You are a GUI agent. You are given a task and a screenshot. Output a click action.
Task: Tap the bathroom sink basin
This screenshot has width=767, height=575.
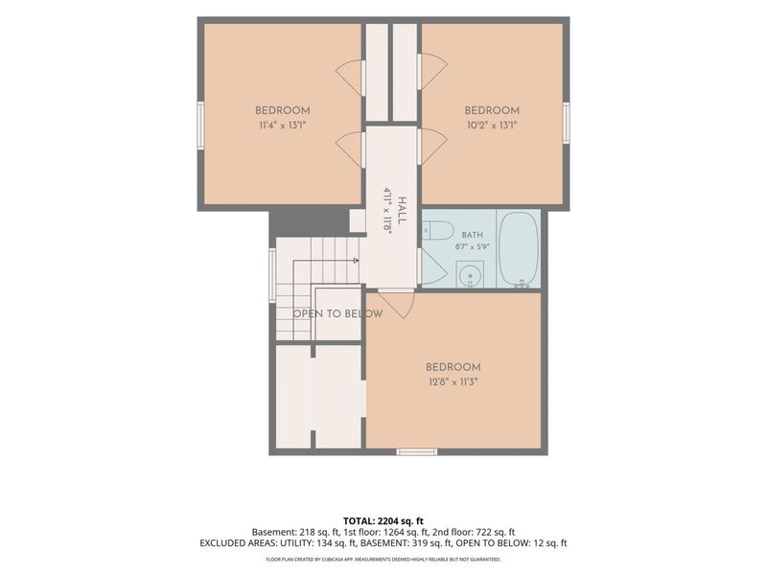click(x=470, y=275)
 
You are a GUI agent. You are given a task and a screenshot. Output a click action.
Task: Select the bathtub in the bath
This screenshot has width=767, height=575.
click(x=519, y=249)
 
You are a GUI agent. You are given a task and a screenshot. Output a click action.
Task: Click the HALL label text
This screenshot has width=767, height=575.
click(x=402, y=210)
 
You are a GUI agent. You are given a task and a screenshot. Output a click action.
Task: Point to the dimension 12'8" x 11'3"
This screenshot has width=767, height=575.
click(x=453, y=381)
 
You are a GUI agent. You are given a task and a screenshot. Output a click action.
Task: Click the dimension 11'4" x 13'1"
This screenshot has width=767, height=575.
click(x=282, y=126)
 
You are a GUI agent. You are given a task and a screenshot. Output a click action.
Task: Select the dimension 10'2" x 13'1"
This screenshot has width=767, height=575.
click(x=492, y=126)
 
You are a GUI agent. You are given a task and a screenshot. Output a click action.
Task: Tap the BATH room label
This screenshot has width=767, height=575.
click(x=472, y=235)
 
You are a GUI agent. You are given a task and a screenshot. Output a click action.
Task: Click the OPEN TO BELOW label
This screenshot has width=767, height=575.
click(x=337, y=313)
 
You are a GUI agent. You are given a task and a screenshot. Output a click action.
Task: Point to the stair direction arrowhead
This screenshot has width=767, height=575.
click(x=356, y=261)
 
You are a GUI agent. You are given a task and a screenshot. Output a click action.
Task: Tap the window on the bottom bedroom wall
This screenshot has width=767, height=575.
click(x=416, y=451)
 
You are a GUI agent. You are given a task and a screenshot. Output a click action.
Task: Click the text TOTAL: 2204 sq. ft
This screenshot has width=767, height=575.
click(x=383, y=521)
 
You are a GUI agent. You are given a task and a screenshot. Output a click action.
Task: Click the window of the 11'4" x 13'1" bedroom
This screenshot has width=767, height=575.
click(x=200, y=125)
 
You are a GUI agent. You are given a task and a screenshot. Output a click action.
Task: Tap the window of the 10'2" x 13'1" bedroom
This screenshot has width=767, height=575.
click(x=566, y=123)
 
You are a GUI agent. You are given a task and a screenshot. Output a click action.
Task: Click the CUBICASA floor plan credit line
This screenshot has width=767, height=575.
click(x=383, y=559)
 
